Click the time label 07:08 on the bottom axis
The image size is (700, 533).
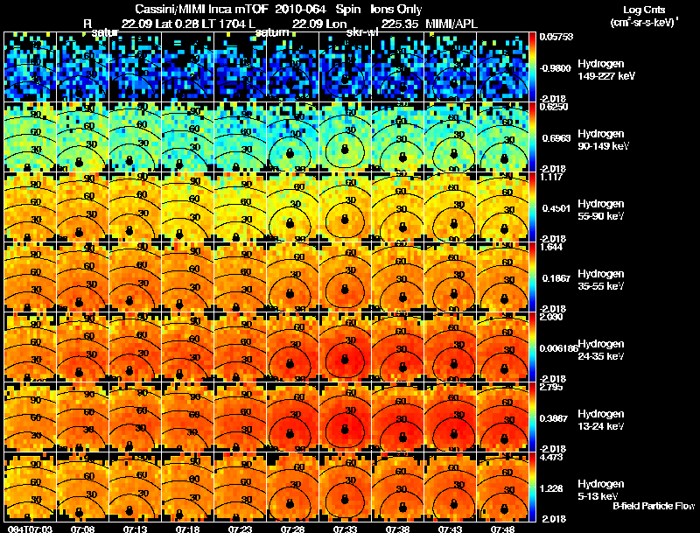[83, 529]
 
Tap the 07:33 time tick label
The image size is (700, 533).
[346, 529]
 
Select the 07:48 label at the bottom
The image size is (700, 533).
[503, 529]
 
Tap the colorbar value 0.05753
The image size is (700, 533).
[555, 38]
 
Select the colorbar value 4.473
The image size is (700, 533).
[551, 457]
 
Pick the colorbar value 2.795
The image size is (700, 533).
[551, 387]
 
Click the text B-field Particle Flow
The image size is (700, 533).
[654, 506]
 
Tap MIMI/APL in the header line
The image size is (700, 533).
[452, 23]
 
